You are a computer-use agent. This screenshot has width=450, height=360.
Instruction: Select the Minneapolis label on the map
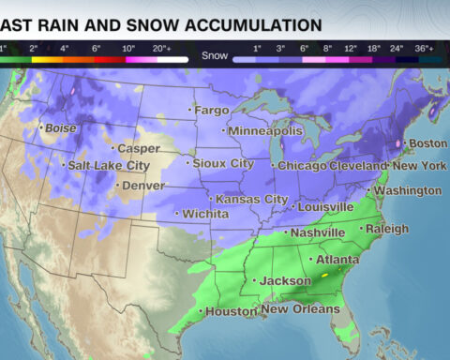[x=265, y=130]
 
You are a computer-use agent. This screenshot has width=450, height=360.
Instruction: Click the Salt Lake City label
[x=109, y=166]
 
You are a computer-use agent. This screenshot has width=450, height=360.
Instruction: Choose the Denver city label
[x=142, y=186]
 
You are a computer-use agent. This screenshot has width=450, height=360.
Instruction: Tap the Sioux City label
[x=222, y=163]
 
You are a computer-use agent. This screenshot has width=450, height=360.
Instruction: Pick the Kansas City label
[x=251, y=200]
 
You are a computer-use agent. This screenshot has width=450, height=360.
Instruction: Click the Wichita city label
[x=204, y=215]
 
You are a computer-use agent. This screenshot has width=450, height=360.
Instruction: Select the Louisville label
[x=324, y=206]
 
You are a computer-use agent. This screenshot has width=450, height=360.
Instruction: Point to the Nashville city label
[x=318, y=232]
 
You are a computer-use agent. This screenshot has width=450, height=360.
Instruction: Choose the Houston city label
[x=230, y=311]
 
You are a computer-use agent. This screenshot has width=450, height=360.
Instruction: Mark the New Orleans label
[x=301, y=309]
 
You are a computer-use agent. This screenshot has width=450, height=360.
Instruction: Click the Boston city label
[x=428, y=143]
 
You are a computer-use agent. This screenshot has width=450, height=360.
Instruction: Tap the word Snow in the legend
[x=214, y=56]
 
